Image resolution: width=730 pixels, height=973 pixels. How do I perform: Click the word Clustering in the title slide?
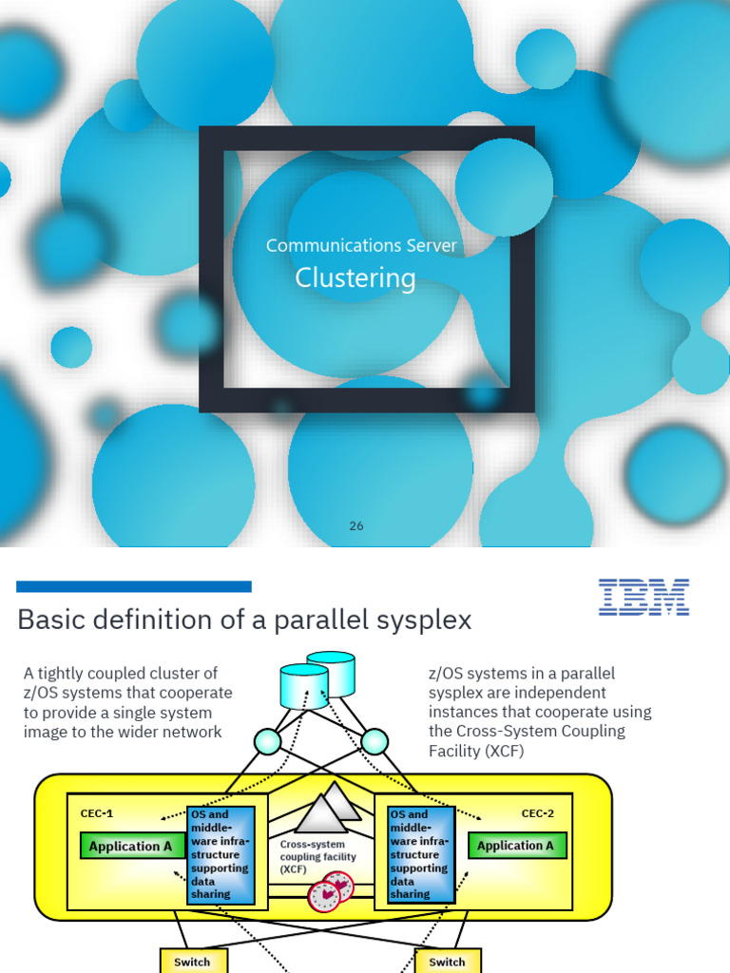click(x=355, y=278)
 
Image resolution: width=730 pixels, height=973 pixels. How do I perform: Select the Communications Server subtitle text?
click(x=361, y=245)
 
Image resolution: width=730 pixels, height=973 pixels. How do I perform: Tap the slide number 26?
click(x=356, y=525)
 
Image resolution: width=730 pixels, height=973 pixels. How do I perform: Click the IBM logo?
click(x=644, y=598)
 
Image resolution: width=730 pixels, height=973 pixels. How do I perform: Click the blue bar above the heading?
click(x=134, y=586)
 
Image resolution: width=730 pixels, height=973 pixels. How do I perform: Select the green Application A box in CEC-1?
click(x=125, y=846)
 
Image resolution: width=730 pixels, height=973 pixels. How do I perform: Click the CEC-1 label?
click(x=96, y=813)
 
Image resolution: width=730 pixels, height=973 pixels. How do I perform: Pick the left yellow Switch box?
click(x=192, y=961)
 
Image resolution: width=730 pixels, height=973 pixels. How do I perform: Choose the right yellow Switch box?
click(x=447, y=961)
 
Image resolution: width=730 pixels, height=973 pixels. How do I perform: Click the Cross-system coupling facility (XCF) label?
click(x=318, y=856)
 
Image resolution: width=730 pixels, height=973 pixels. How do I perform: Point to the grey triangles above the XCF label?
click(x=327, y=809)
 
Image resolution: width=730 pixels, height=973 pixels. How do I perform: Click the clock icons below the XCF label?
click(x=331, y=892)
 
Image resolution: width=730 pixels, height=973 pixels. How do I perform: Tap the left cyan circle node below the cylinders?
click(x=268, y=741)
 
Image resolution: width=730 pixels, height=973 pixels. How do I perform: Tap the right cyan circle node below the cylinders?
click(x=375, y=741)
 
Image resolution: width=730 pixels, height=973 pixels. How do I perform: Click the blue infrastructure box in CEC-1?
click(x=221, y=854)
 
